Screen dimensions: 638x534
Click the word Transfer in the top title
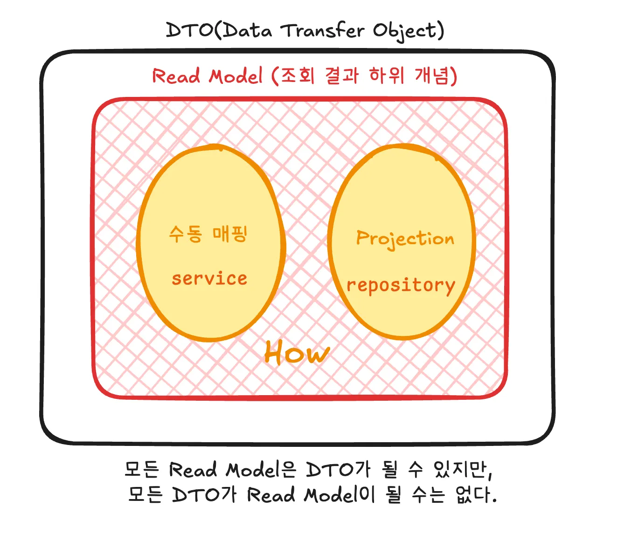pos(323,31)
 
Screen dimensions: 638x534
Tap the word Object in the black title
pos(406,32)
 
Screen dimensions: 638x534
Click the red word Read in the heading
pos(176,75)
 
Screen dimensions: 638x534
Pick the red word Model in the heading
pos(236,75)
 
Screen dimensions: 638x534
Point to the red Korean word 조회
pos(297,75)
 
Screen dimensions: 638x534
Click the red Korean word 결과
pos(341,75)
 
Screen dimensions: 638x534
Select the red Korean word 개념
pos(431,75)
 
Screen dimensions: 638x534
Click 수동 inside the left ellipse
pos(186,234)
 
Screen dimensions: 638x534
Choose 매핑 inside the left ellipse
pos(230,234)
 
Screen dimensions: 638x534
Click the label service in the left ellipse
pos(209,278)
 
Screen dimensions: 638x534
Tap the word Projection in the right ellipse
pos(405,239)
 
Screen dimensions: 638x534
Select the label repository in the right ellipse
pos(401,286)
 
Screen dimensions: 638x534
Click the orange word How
pos(297,353)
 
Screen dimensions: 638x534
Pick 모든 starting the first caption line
pos(142,469)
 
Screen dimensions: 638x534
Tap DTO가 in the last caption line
pos(204,494)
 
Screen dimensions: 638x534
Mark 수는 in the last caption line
pos(428,494)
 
